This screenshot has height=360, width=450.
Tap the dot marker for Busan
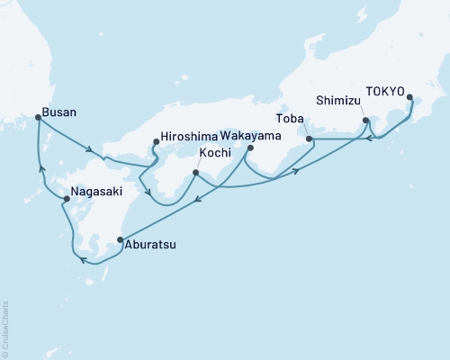tap(37, 116)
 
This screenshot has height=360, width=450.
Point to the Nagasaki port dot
tap(54, 199)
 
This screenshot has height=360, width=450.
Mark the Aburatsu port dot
tap(120, 239)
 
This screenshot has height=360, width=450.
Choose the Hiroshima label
tap(191, 139)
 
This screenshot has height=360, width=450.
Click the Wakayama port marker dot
tap(251, 148)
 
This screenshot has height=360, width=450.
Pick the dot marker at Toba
tap(308, 139)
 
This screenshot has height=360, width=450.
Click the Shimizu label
tap(339, 99)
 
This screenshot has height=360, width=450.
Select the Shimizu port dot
tap(364, 120)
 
